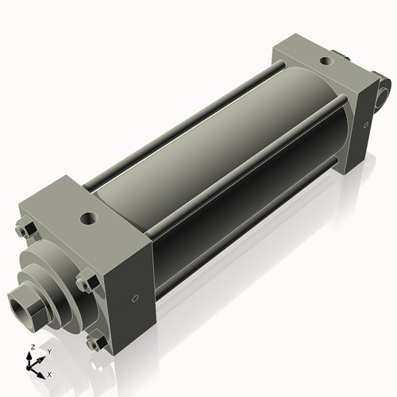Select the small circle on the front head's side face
134,299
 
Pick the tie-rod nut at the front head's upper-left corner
24,231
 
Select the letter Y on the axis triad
48,351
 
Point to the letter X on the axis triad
49,372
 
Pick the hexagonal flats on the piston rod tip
29,306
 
